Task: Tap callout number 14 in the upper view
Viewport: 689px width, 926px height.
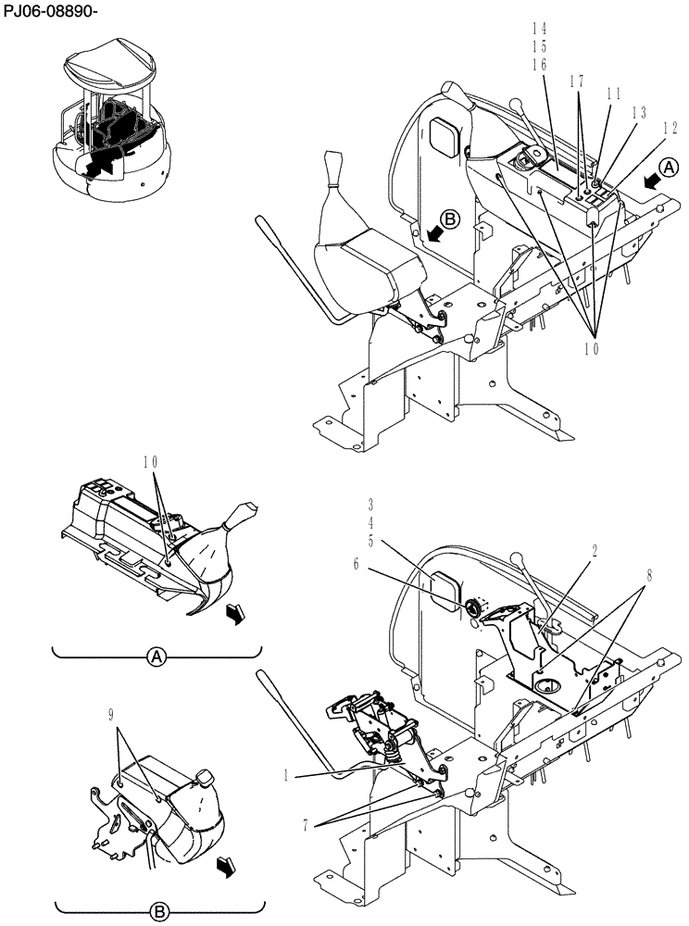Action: tap(537, 29)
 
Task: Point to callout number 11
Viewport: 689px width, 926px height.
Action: tap(613, 94)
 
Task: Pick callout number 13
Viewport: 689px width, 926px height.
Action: tap(638, 112)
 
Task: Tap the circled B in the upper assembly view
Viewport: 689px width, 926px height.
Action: tap(449, 219)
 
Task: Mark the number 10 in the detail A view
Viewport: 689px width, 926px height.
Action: tap(153, 460)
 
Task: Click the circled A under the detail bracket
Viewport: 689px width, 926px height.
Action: tap(157, 657)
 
